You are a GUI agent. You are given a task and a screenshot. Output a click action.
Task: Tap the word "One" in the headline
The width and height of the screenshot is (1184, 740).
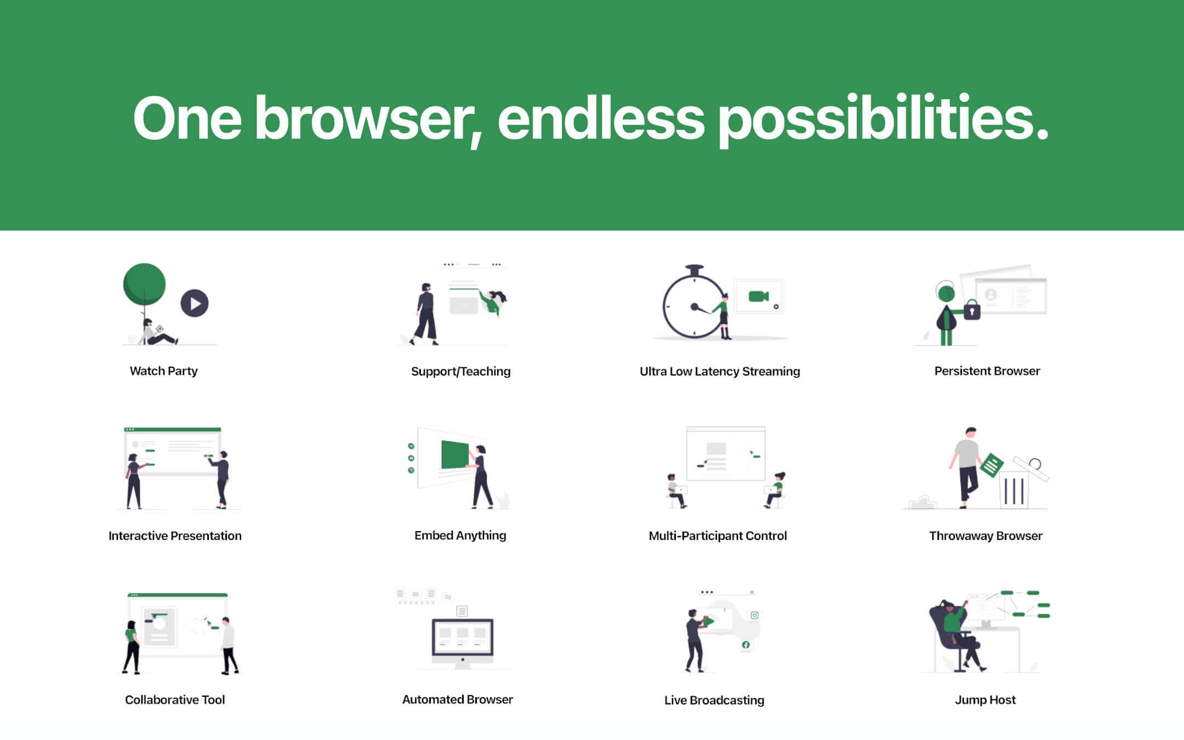coord(187,118)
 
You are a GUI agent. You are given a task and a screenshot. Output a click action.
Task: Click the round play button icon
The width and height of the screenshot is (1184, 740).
coord(195,303)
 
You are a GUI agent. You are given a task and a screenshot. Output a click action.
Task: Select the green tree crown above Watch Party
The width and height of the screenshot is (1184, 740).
coord(144,284)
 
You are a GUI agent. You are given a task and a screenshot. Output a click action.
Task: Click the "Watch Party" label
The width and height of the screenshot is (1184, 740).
coord(163,371)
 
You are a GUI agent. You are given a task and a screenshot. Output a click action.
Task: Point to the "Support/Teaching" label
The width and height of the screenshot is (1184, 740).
coord(460,372)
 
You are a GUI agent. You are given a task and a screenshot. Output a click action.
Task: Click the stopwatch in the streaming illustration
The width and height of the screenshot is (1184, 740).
coord(693,303)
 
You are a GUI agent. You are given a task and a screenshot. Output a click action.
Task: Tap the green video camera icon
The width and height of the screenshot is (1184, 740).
coord(759,297)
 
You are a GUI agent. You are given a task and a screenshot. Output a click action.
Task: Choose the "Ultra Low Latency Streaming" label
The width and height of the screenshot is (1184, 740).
coord(720,372)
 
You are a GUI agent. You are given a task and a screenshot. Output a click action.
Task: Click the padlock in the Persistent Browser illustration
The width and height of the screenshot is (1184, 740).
coord(972,310)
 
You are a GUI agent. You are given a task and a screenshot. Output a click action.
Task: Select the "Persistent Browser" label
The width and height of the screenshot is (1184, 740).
coord(987,371)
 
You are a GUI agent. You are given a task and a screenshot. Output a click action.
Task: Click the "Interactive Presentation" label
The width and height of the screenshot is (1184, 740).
coord(175,536)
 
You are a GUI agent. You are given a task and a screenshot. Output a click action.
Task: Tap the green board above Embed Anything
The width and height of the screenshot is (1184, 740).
coord(455,454)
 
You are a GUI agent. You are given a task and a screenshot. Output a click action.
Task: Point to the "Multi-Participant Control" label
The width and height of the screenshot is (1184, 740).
coord(718,536)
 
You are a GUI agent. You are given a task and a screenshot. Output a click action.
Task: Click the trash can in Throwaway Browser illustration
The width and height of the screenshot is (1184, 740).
coord(1015,489)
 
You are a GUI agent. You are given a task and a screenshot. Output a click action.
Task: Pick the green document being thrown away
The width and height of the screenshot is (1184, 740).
coord(992,465)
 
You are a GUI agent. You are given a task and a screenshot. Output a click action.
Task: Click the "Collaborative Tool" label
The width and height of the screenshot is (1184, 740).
coord(175,700)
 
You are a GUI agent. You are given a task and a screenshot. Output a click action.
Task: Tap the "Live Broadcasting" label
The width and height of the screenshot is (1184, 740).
coord(714,701)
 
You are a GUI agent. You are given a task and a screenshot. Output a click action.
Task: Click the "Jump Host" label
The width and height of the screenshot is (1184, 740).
coord(985,700)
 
